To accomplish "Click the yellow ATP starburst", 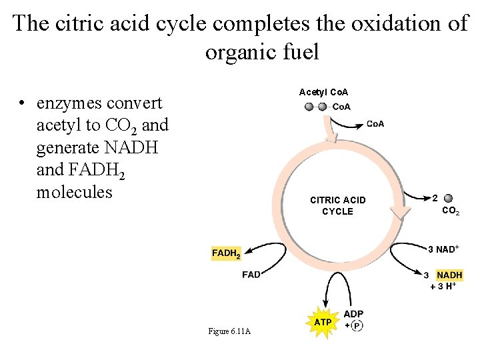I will point(323,322).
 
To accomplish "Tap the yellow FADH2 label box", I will point(226,253).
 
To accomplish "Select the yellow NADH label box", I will point(449,275).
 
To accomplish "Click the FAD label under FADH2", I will point(251,275).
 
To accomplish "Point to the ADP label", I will point(353,314).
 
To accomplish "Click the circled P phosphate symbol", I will point(357,325).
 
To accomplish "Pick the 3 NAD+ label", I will point(443,249).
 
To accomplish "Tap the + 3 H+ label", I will point(443,286).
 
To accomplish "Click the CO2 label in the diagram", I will point(451,211).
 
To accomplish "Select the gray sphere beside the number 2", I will point(448,198).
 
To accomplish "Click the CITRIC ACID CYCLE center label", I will point(337,205).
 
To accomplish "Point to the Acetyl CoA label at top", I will point(323,92).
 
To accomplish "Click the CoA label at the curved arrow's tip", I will point(375,123).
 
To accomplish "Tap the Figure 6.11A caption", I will point(229,331).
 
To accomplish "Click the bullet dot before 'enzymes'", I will point(23,104).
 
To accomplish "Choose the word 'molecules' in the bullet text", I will point(75,192).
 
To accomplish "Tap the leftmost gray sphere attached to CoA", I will point(309,107).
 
